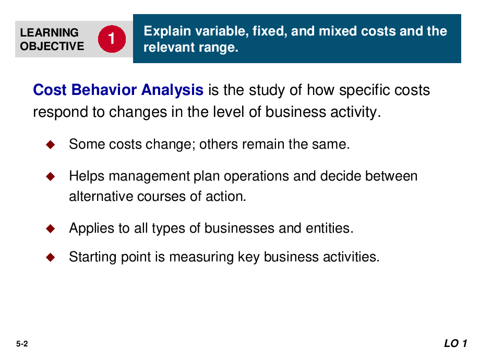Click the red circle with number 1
click(x=112, y=39)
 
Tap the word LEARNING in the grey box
click(x=49, y=32)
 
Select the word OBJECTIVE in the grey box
click(x=52, y=46)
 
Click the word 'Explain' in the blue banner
click(x=167, y=31)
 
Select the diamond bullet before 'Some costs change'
click(x=51, y=145)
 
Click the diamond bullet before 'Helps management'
click(x=51, y=176)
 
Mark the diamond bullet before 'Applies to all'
click(x=51, y=229)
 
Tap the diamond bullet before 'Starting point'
click(x=51, y=257)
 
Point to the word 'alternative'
click(x=101, y=197)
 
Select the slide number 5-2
click(x=22, y=344)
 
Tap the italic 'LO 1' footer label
click(x=455, y=343)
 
